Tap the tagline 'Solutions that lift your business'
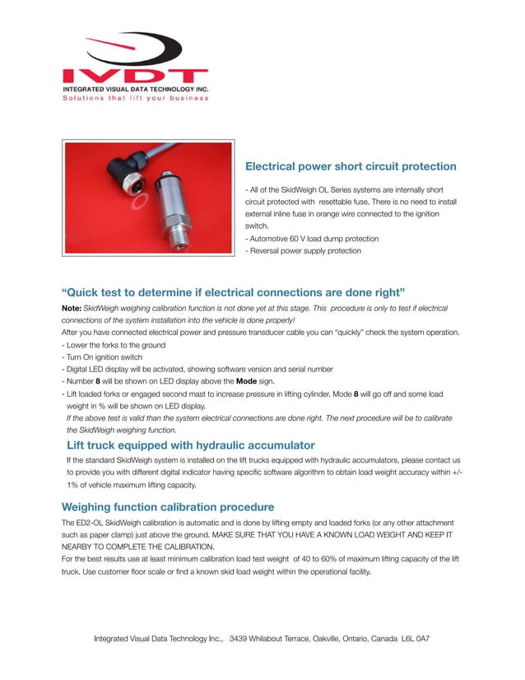click(136, 98)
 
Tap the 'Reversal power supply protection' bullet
click(304, 250)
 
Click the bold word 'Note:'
click(72, 308)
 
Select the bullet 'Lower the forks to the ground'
click(115, 345)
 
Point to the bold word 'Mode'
click(248, 382)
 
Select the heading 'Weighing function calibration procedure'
click(168, 506)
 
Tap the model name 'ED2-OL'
click(88, 523)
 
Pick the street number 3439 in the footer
click(239, 639)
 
